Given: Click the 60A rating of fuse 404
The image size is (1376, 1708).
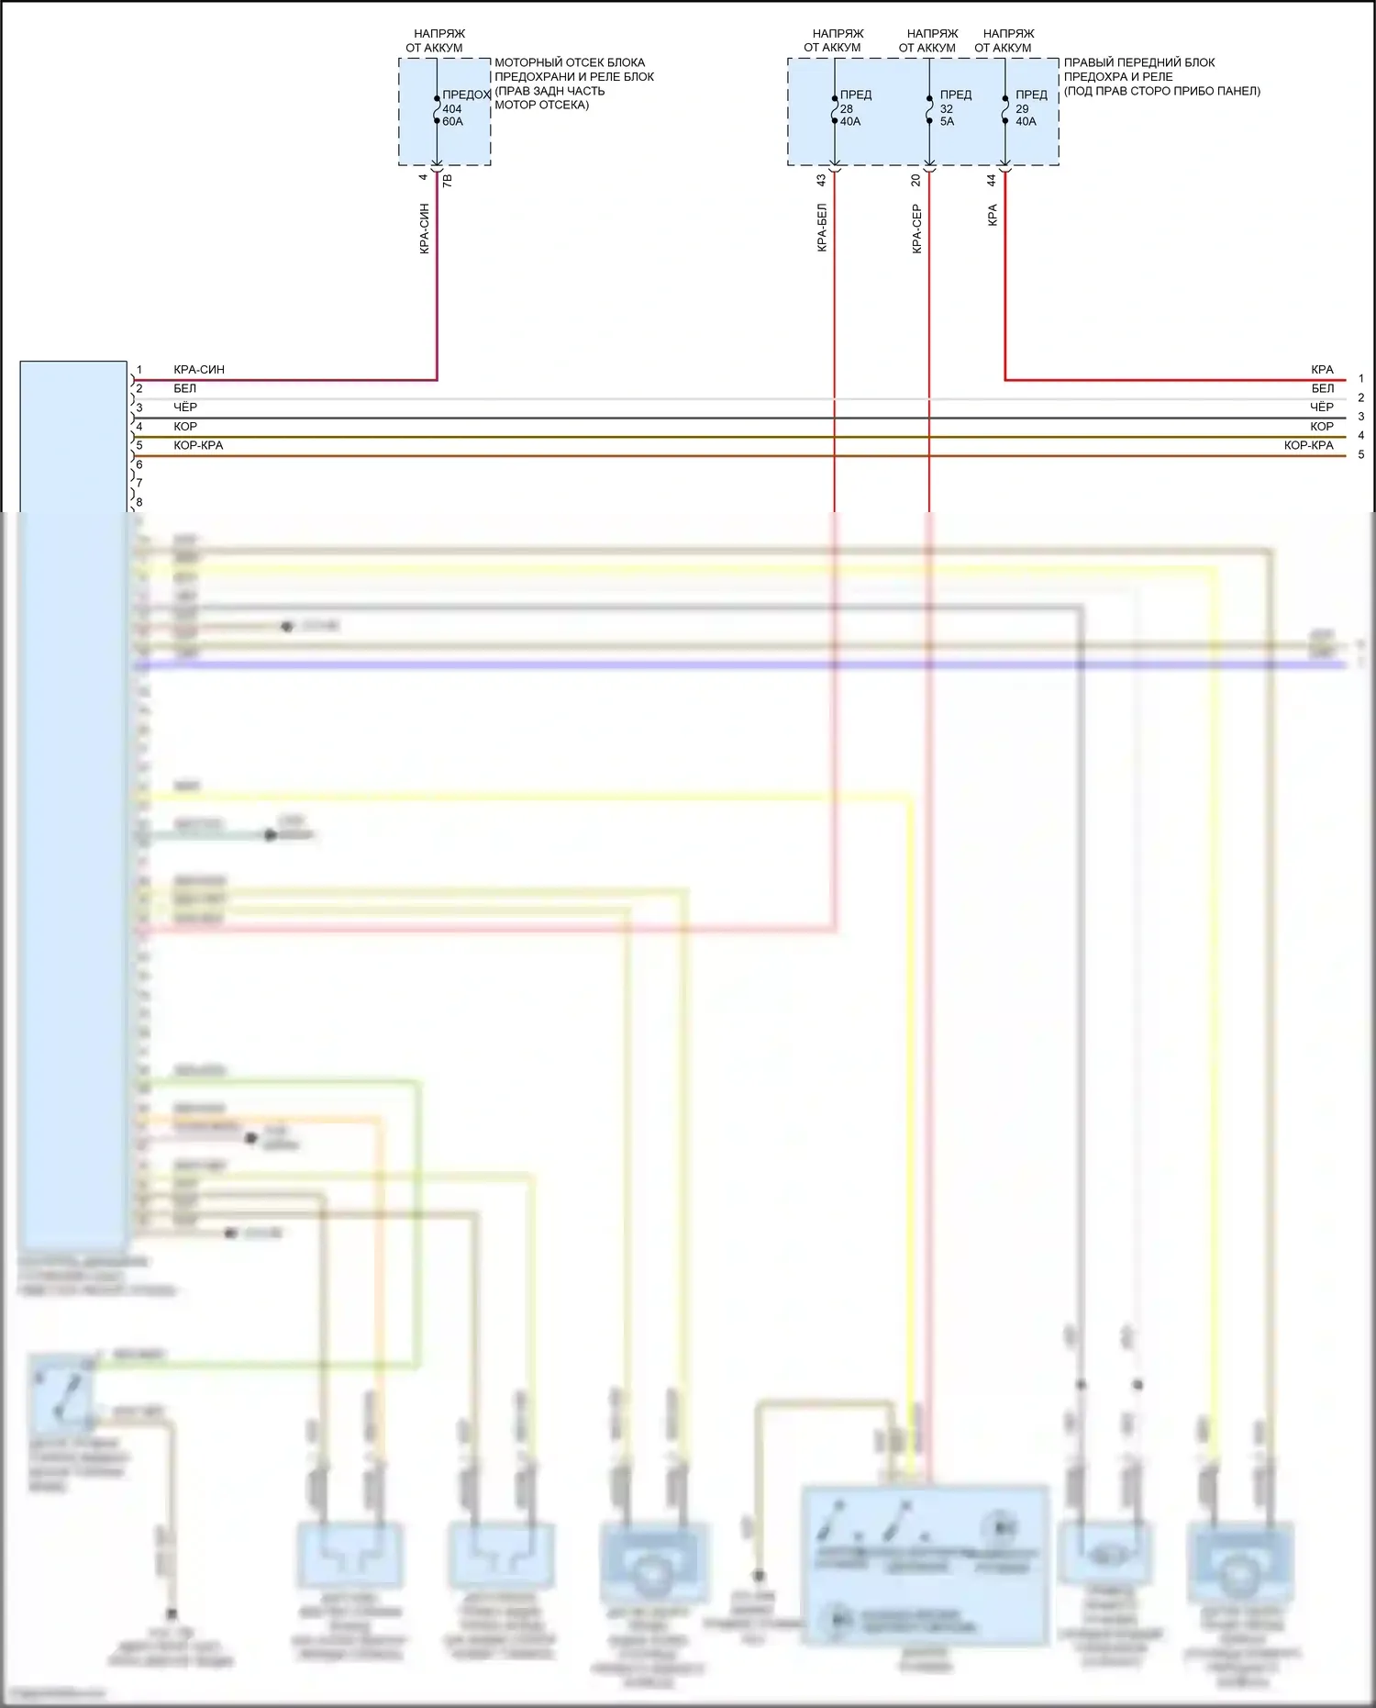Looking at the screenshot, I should (x=453, y=122).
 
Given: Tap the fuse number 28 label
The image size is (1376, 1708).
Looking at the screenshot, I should (x=847, y=109).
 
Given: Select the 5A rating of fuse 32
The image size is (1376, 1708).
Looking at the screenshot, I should (x=947, y=122).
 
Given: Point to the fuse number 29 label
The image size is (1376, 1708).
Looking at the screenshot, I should (x=1022, y=109).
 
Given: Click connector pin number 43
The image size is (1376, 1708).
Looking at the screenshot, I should (x=821, y=181).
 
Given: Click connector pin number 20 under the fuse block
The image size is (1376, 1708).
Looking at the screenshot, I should (x=915, y=181).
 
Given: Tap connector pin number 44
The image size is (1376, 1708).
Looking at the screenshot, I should (x=992, y=181).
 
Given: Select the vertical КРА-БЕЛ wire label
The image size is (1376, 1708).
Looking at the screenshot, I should (x=822, y=228).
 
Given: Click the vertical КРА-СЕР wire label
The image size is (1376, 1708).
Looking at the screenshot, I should (x=916, y=229).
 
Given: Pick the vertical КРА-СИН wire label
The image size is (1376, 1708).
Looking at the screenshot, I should (x=424, y=229).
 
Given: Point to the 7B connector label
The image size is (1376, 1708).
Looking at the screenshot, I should (x=448, y=182).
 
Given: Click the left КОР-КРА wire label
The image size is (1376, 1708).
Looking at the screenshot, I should (x=198, y=446).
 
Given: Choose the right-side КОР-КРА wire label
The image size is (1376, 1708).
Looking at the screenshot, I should (x=1308, y=446).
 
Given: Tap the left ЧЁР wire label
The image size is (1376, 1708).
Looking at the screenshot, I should (x=185, y=407).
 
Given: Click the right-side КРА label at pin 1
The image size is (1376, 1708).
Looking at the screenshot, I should (x=1322, y=370).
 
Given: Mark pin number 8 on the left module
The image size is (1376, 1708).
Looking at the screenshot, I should (x=139, y=503).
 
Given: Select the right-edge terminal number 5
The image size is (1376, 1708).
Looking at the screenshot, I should (x=1361, y=455).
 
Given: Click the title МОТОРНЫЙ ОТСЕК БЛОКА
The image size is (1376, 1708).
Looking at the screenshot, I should (x=570, y=63).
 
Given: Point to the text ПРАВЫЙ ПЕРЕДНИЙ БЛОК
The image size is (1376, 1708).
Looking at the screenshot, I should (x=1139, y=63).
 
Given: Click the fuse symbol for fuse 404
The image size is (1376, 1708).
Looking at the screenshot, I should (x=437, y=109).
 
